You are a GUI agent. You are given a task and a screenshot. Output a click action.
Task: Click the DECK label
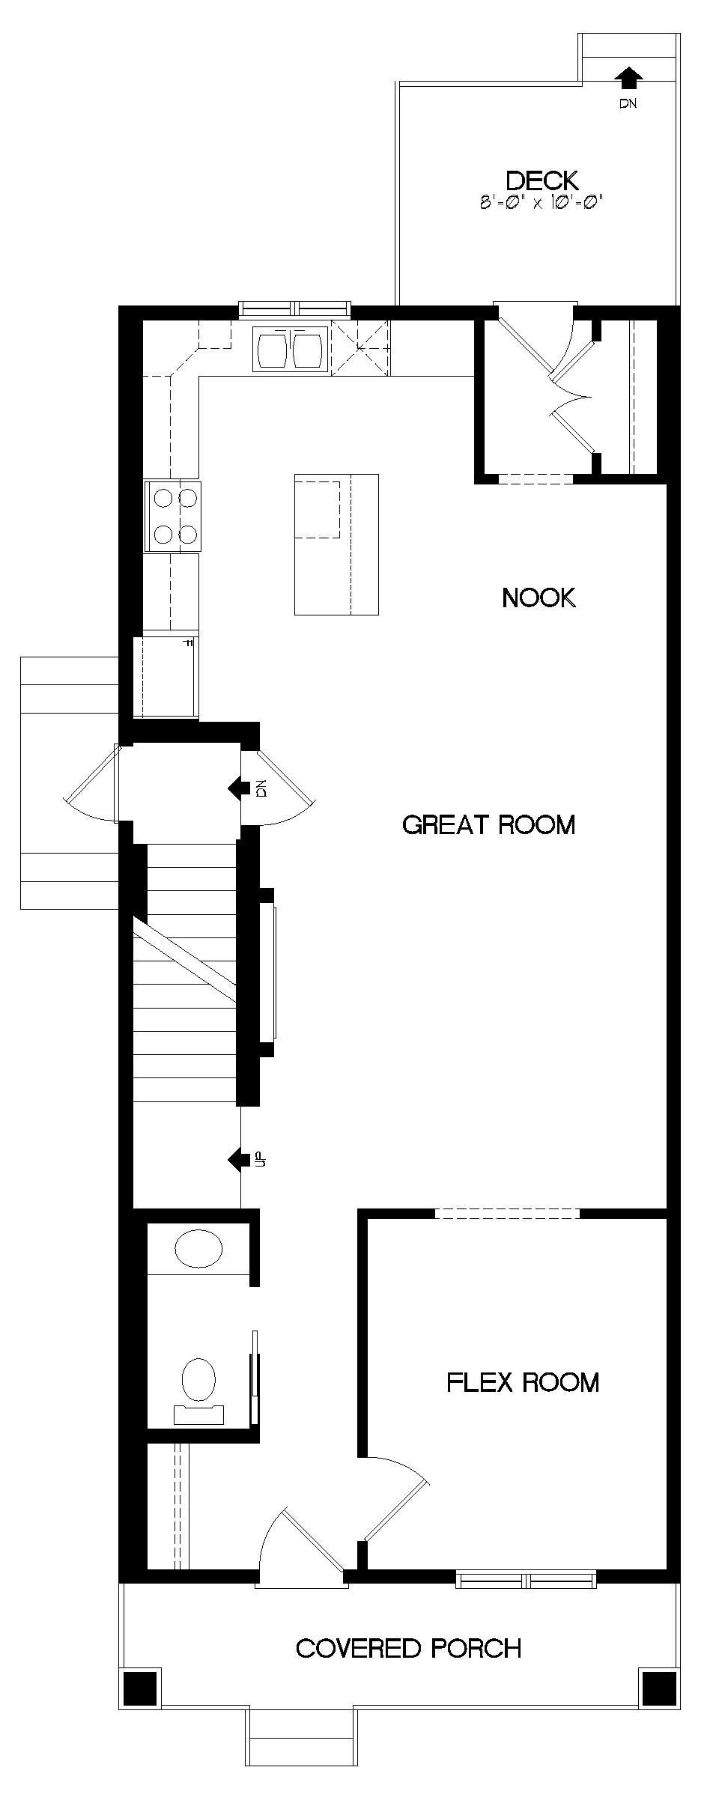(x=542, y=180)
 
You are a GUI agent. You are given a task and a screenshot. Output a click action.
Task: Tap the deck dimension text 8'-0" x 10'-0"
(x=541, y=202)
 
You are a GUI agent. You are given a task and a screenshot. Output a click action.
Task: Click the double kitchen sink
(x=289, y=349)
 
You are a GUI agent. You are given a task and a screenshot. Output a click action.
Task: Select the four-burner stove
(x=172, y=516)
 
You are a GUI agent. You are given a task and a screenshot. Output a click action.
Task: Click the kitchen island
(x=336, y=544)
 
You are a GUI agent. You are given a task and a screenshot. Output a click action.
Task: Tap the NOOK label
(x=539, y=598)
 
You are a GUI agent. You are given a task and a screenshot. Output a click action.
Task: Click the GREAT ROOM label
(x=488, y=825)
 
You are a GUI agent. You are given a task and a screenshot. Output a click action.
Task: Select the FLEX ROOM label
(x=523, y=1382)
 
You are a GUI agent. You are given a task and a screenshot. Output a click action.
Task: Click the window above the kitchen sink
(x=294, y=308)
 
